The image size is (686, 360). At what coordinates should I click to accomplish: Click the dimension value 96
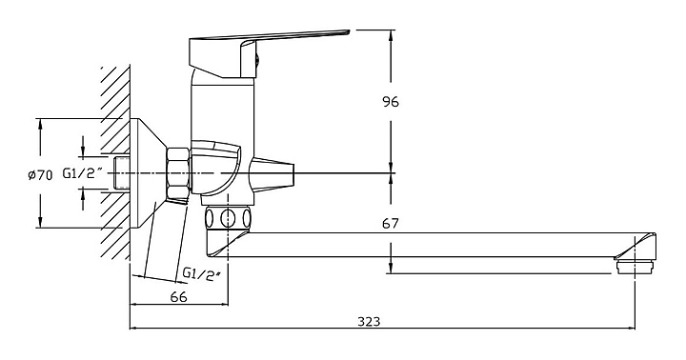[x=391, y=102]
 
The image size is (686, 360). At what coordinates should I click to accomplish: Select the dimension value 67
[x=391, y=224]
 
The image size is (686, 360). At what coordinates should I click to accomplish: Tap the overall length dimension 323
[x=369, y=322]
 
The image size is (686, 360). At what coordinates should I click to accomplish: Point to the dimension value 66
[x=178, y=297]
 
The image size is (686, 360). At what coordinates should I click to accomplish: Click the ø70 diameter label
[x=40, y=175]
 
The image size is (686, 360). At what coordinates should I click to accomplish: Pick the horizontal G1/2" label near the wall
[x=82, y=173]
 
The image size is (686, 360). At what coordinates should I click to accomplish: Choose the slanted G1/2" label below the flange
[x=201, y=274]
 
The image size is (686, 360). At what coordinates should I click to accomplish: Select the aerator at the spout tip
[x=635, y=267]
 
